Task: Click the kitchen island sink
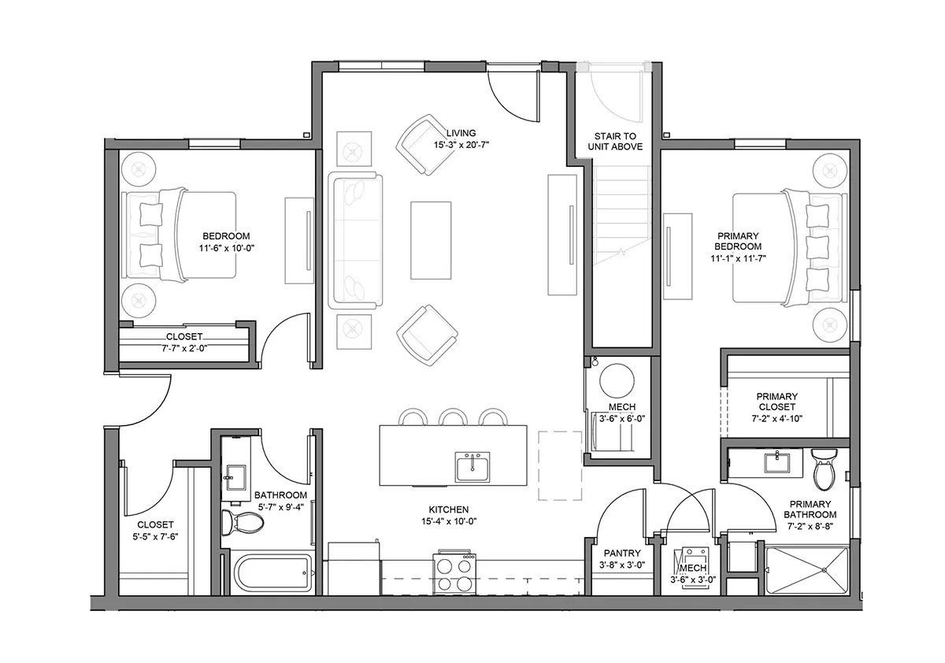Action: [472, 467]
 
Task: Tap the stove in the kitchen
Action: [454, 572]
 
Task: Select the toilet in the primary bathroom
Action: [824, 469]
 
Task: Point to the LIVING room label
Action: [461, 133]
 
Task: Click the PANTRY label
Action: [622, 553]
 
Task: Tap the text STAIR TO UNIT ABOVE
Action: [615, 141]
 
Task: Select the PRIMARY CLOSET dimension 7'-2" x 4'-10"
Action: [776, 419]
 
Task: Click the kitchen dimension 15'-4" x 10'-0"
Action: [449, 521]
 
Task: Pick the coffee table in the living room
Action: [431, 240]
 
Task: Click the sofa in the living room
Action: [355, 240]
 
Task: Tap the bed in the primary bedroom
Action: [790, 247]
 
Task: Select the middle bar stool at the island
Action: [453, 417]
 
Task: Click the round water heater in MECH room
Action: [617, 380]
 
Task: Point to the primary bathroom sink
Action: [777, 462]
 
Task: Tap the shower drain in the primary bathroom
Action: [824, 570]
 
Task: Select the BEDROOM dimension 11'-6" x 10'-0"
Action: [227, 248]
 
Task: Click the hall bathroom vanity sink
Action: [236, 478]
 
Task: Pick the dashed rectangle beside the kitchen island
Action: [560, 465]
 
